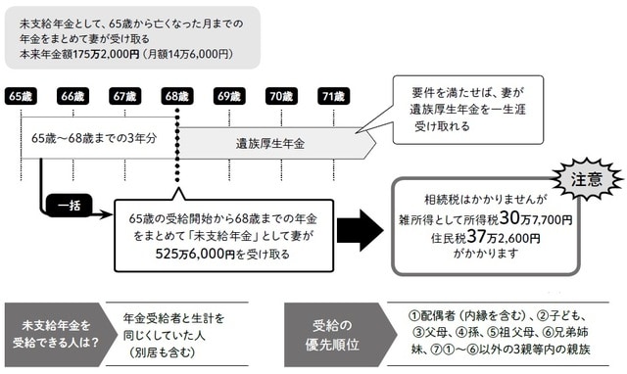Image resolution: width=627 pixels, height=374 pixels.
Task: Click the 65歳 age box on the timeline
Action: coord(20,96)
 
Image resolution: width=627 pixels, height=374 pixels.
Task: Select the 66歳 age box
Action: coord(73,96)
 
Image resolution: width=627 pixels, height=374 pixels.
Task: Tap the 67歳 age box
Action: coord(124,96)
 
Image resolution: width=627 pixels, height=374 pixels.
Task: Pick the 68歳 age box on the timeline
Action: coord(176,96)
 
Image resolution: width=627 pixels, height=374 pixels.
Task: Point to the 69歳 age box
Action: coord(228,96)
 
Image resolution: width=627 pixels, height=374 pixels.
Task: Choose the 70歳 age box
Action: coord(280,96)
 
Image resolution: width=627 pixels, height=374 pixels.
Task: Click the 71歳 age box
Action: coord(332,96)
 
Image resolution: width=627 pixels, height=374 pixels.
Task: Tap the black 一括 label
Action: coord(75,208)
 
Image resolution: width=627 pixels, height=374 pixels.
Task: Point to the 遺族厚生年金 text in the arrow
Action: coord(270,143)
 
